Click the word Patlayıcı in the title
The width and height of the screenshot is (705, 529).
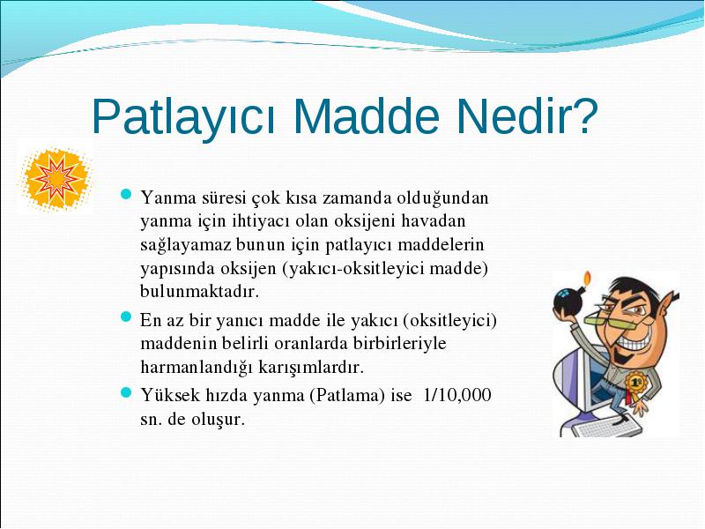click(x=183, y=116)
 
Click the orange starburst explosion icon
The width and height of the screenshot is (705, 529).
click(x=55, y=178)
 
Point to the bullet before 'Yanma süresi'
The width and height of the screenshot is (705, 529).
click(x=126, y=194)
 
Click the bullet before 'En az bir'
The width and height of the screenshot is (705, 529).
click(x=126, y=317)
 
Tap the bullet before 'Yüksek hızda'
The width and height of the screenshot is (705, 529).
click(x=126, y=392)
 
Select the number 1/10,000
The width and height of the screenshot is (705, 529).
click(x=457, y=395)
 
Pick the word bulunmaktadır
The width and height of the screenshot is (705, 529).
click(x=200, y=291)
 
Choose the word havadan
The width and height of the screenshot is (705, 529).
click(x=434, y=221)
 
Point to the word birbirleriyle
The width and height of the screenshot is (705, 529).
click(x=400, y=344)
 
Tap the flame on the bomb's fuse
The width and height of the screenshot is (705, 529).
click(x=587, y=277)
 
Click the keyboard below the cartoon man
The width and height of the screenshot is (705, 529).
click(x=606, y=427)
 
